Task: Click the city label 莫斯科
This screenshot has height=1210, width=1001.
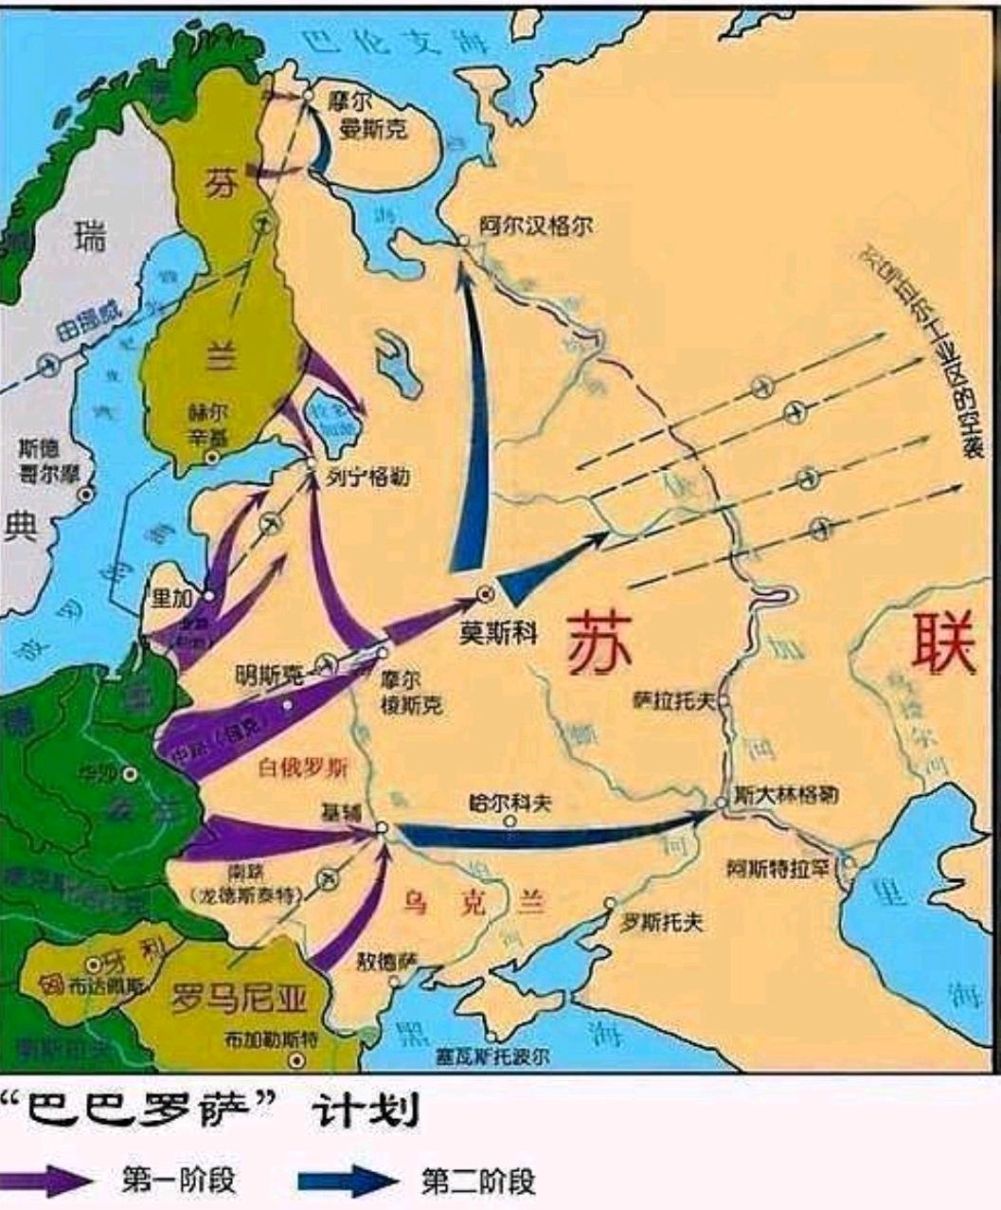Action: (498, 632)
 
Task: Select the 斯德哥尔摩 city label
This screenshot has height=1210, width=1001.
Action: (52, 459)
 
